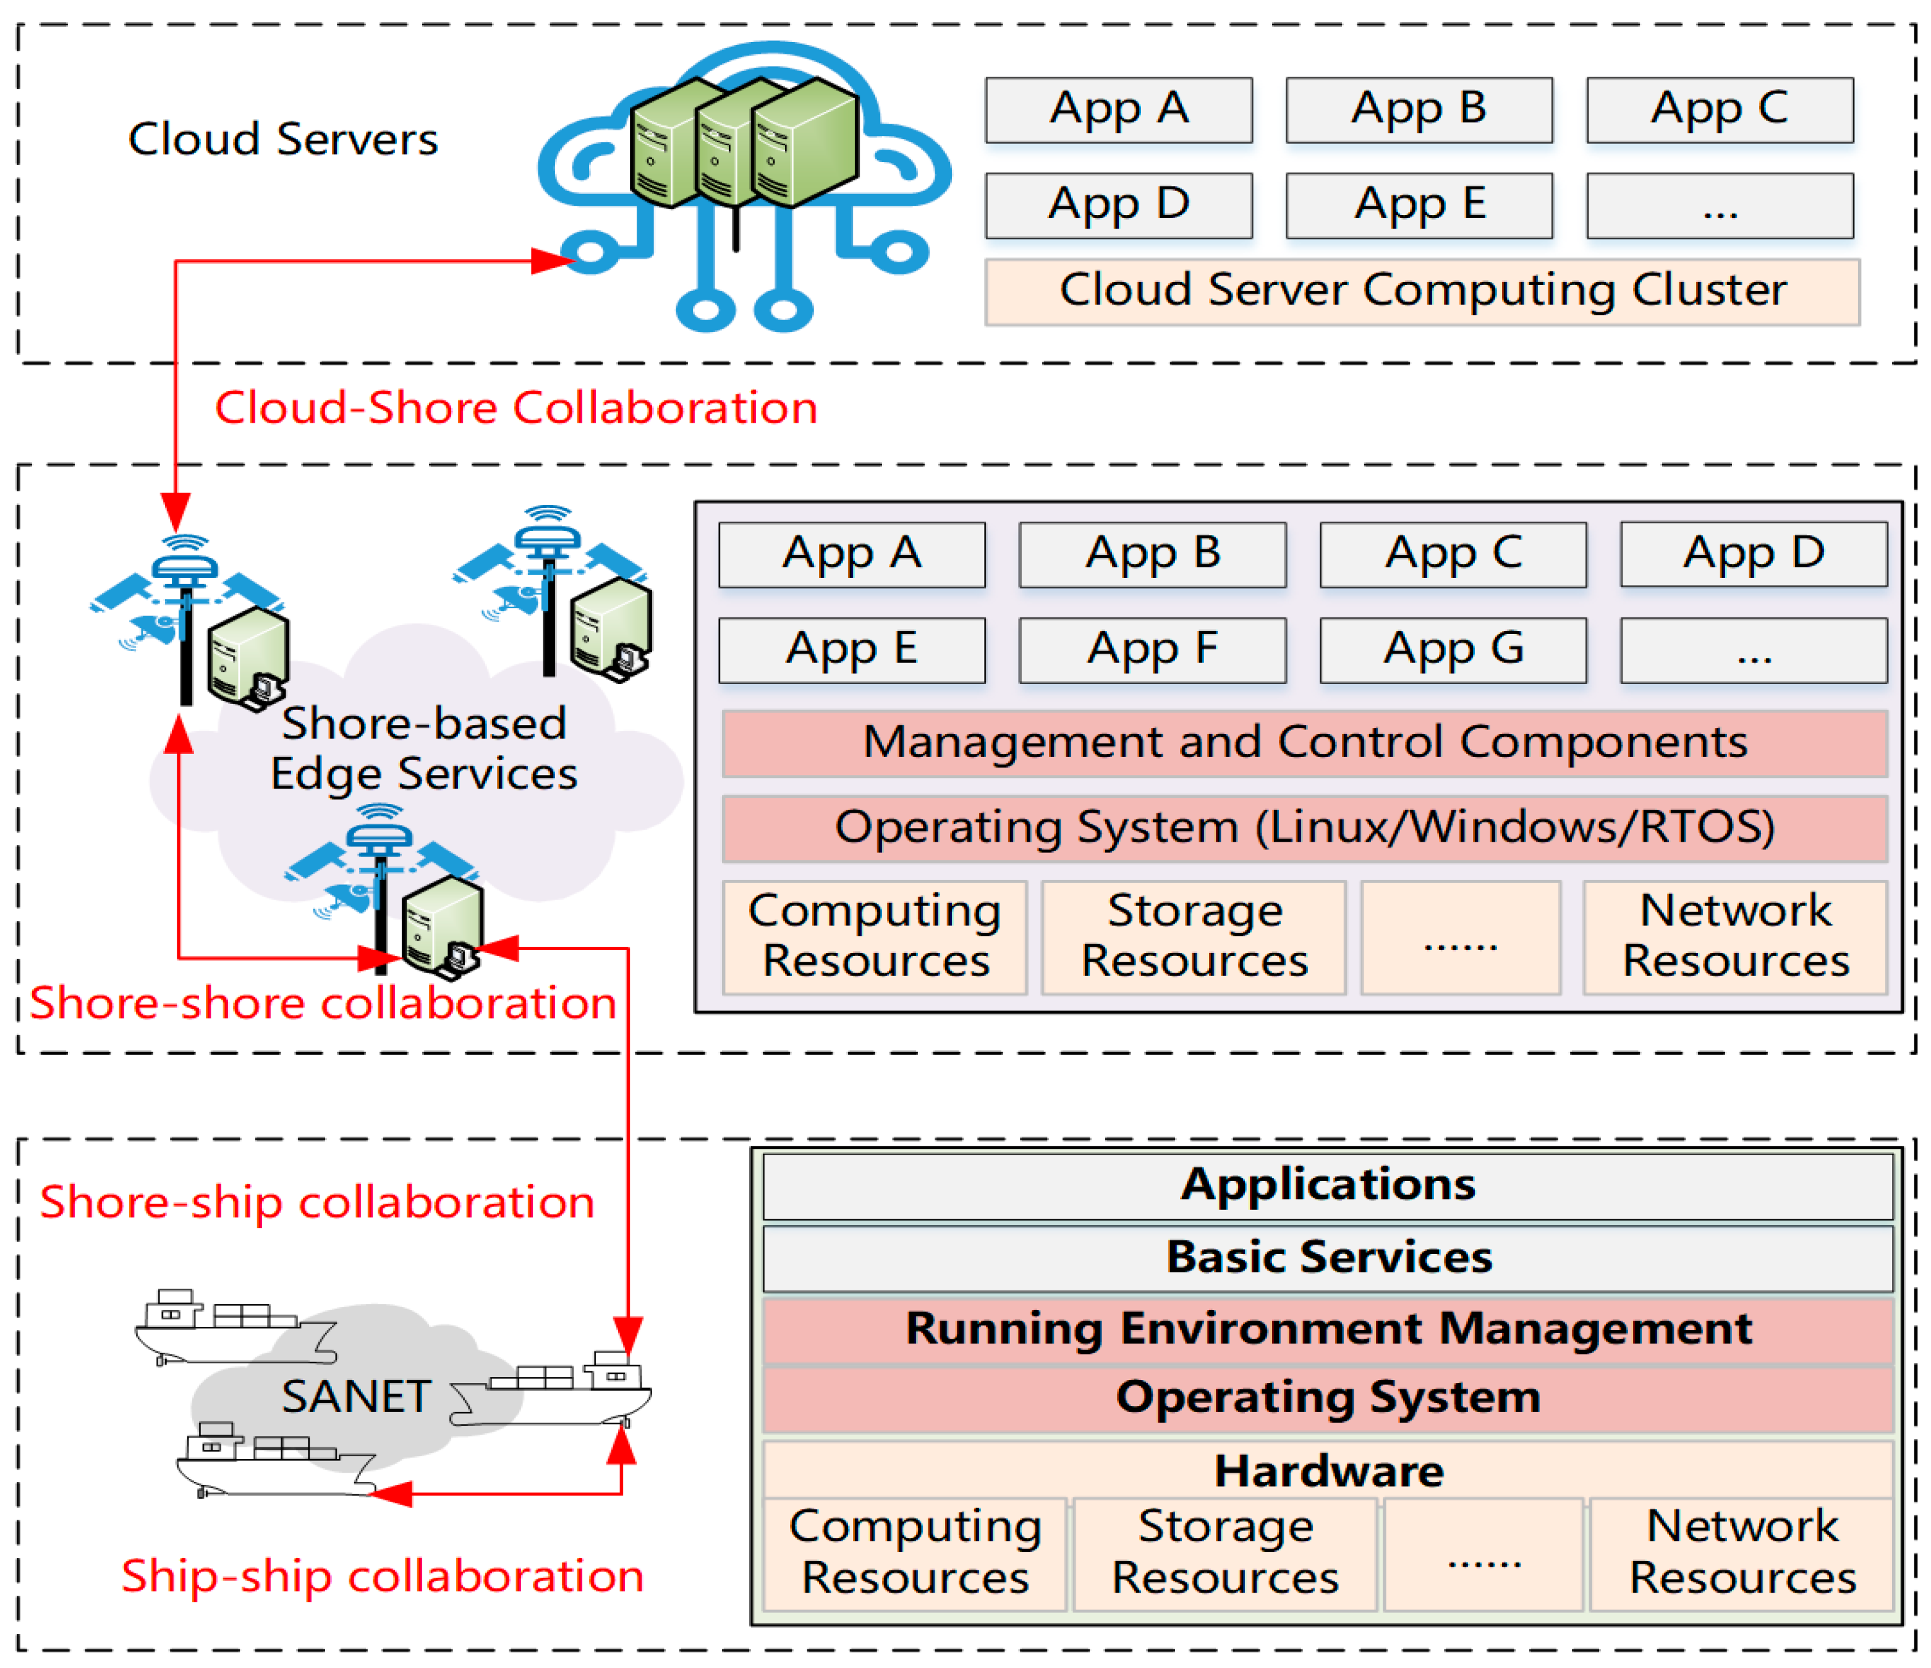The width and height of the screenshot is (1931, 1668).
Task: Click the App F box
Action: point(1152,650)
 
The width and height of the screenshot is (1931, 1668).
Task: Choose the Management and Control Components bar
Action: point(1305,743)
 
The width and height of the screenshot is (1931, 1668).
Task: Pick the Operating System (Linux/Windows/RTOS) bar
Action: point(1305,828)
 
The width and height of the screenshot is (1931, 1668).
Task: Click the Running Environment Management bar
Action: point(1328,1329)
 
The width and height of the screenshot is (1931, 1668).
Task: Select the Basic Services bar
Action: point(1328,1258)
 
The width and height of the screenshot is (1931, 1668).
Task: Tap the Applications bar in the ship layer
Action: point(1328,1185)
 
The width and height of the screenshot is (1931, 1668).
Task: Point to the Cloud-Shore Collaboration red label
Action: point(516,408)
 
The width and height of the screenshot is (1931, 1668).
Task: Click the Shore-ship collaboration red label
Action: point(317,1202)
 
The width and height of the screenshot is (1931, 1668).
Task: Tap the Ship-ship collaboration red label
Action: point(382,1577)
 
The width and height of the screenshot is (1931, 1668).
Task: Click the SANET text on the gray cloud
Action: point(356,1397)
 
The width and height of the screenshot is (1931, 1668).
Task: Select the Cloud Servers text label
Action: point(282,140)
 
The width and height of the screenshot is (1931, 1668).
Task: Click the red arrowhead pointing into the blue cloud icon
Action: point(554,261)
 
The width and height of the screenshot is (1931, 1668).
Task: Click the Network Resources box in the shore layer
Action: point(1735,936)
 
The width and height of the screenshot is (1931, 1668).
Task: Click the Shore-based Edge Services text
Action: point(424,748)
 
